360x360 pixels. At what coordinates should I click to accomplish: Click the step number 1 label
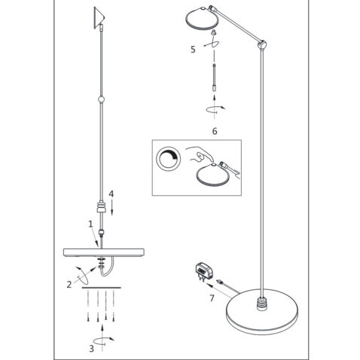[x=90, y=224]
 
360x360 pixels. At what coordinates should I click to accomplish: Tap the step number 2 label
[x=69, y=285]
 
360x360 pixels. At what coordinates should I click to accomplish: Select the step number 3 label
[x=91, y=349]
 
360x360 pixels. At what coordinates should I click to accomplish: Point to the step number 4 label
[x=111, y=194]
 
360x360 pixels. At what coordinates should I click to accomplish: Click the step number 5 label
[x=193, y=50]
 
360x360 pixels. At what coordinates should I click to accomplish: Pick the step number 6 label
[x=215, y=131]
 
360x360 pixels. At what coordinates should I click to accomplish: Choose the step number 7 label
[x=212, y=298]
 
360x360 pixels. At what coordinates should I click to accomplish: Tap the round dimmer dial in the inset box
[x=168, y=159]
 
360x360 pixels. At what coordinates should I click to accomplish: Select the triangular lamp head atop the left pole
[x=99, y=17]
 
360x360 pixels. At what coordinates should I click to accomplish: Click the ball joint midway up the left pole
[x=101, y=99]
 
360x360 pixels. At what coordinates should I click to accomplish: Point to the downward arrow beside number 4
[x=112, y=208]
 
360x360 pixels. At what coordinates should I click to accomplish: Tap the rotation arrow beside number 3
[x=103, y=340]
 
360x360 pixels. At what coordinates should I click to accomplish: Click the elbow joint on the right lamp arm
[x=262, y=44]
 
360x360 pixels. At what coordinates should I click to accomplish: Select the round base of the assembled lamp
[x=262, y=312]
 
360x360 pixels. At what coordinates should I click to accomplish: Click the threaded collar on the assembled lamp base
[x=263, y=304]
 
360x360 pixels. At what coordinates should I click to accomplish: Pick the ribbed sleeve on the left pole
[x=101, y=206]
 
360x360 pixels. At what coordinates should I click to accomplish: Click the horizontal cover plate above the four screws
[x=102, y=288]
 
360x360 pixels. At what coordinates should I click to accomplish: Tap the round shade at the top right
[x=201, y=20]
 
